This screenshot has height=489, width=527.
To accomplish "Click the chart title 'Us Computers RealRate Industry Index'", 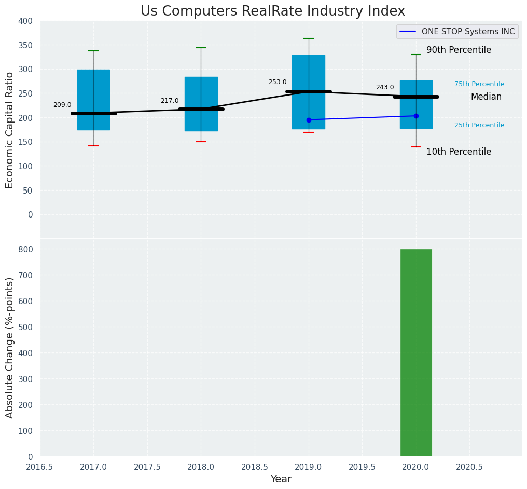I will pyautogui.click(x=272, y=11).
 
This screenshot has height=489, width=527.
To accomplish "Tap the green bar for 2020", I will pyautogui.click(x=416, y=352).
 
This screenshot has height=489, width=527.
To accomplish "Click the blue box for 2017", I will pyautogui.click(x=93, y=100).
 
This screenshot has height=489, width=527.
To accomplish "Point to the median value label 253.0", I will pyautogui.click(x=278, y=82).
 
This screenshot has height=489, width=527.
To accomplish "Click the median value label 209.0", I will pyautogui.click(x=62, y=105).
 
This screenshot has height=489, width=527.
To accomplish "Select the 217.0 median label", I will pyautogui.click(x=170, y=101).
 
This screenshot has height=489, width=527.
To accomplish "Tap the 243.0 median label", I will pyautogui.click(x=385, y=87).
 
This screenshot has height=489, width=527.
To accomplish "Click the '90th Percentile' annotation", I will pyautogui.click(x=459, y=50).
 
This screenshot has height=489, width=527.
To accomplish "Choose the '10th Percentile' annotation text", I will pyautogui.click(x=459, y=152).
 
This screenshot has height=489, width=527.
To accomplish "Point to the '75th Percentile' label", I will pyautogui.click(x=479, y=84).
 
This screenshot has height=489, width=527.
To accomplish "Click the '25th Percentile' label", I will pyautogui.click(x=479, y=125).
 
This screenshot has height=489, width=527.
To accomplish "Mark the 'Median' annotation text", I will pyautogui.click(x=486, y=97).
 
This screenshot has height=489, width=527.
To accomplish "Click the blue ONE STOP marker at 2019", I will pyautogui.click(x=309, y=120).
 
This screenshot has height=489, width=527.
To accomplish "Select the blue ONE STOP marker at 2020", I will pyautogui.click(x=416, y=116).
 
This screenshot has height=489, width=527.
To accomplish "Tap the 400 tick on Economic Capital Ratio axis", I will pyautogui.click(x=25, y=21).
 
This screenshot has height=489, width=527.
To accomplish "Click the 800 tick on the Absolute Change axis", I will pyautogui.click(x=25, y=249).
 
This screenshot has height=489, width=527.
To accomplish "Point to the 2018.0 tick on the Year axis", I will pyautogui.click(x=201, y=467).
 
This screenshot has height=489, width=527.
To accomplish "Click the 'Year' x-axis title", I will pyautogui.click(x=281, y=479).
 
